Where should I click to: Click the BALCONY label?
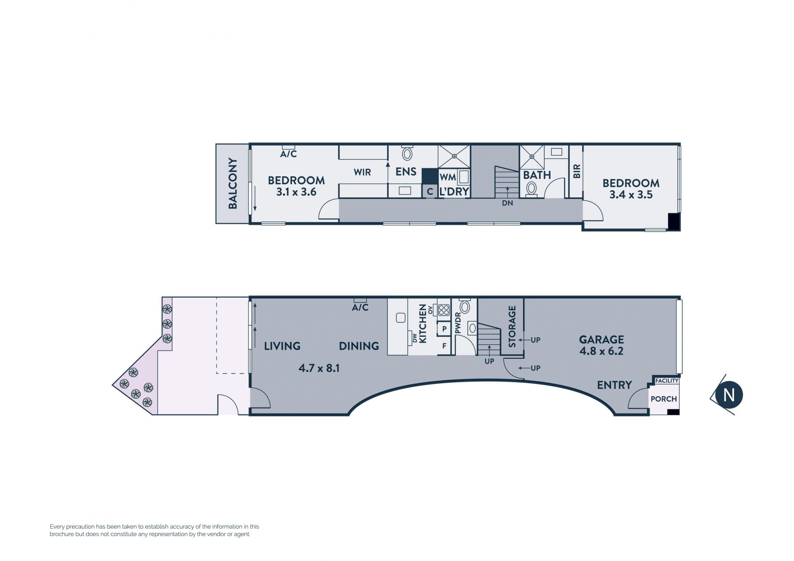233,183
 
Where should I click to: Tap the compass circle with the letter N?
729,395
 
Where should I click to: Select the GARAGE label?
601,340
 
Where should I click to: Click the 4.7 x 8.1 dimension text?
319,368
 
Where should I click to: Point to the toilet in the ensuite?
407,153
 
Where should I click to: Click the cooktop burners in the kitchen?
444,310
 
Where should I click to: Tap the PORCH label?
664,399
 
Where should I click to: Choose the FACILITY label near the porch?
667,381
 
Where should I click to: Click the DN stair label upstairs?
507,203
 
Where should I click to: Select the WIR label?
362,172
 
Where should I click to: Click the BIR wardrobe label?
577,171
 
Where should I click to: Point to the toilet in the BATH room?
531,189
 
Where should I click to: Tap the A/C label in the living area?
360,307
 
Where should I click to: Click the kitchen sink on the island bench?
400,318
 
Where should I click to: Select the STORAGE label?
512,326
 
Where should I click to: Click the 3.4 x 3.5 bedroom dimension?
631,194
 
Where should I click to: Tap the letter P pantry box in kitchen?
444,329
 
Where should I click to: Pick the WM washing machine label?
448,177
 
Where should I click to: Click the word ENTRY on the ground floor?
615,385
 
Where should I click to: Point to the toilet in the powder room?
465,307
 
